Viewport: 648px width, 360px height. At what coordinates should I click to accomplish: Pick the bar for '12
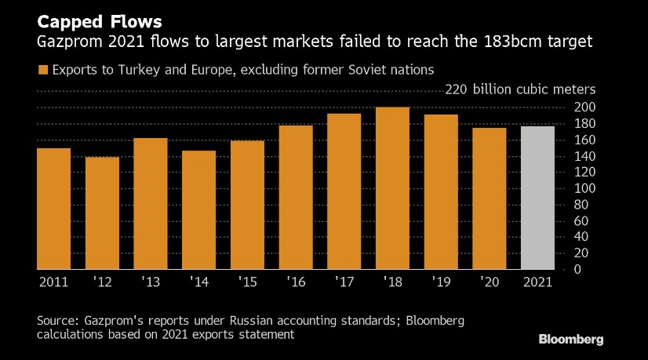point(102,213)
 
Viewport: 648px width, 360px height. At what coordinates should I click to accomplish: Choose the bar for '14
point(198,210)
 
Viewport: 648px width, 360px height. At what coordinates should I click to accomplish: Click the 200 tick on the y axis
point(584,107)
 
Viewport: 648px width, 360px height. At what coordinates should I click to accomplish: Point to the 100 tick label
point(584,188)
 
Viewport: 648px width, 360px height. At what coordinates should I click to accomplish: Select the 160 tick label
point(584,140)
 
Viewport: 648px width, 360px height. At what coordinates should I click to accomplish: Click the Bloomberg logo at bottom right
point(570,340)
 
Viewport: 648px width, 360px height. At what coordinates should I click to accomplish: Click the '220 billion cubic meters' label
point(520,89)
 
